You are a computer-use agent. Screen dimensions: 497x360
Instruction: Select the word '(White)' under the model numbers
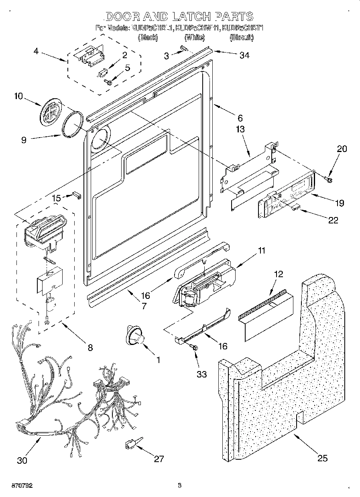195,37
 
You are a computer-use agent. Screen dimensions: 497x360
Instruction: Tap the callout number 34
244,55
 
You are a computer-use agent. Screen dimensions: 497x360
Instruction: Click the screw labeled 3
184,49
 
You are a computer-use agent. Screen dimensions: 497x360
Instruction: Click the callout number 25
323,458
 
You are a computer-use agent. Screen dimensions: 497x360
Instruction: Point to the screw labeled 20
328,178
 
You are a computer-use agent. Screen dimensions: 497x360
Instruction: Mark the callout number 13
240,130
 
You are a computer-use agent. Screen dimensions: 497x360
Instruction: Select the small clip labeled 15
77,195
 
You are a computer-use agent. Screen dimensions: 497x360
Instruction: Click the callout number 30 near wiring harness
22,460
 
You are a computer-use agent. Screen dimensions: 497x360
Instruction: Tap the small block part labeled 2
102,73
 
